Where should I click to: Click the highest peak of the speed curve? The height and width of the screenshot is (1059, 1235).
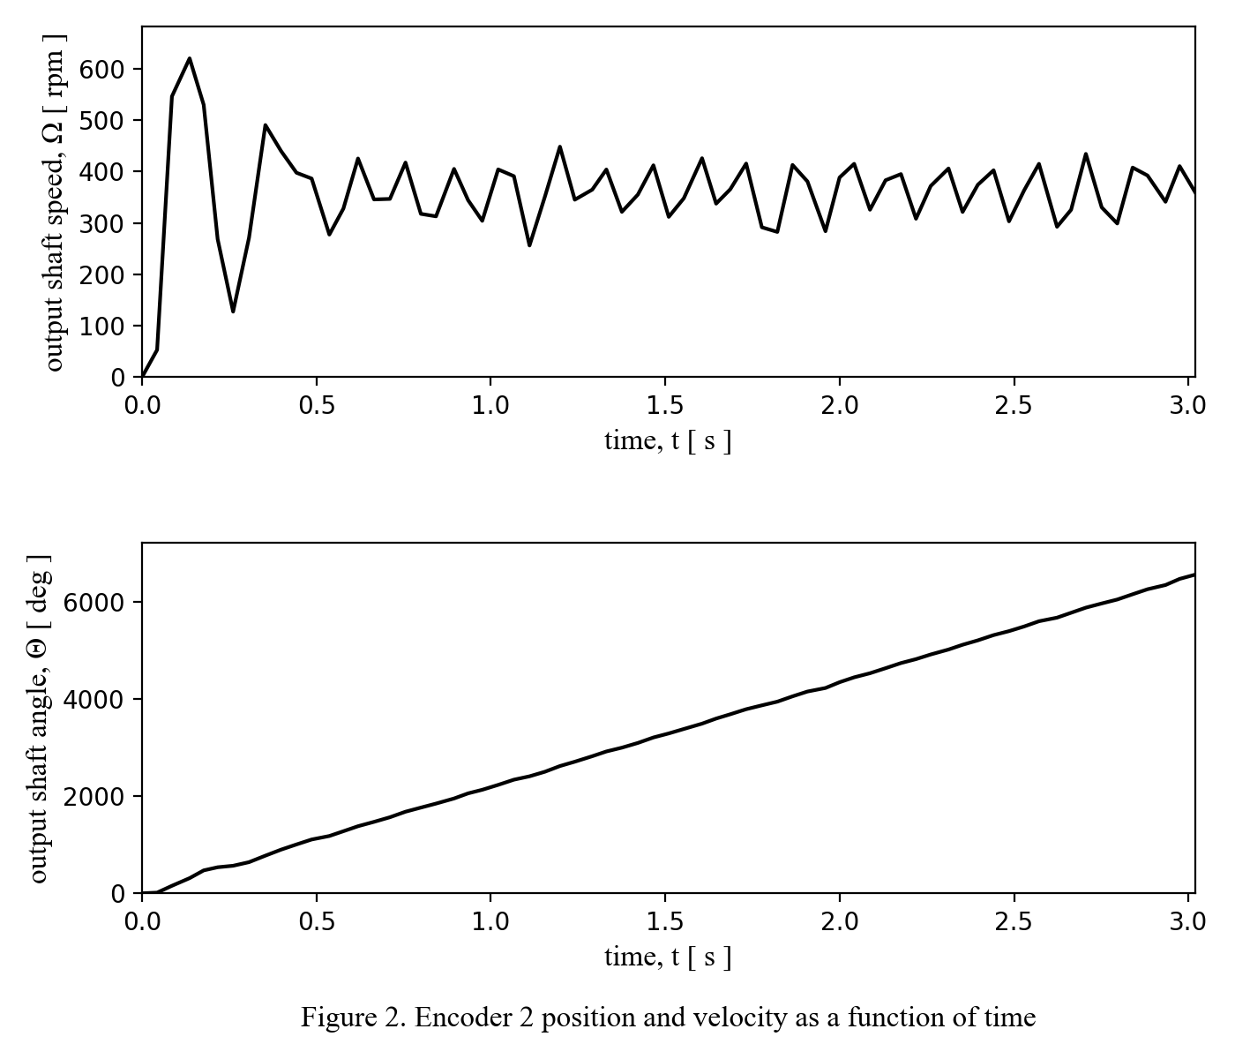(190, 58)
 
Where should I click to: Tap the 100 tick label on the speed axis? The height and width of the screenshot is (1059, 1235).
(102, 327)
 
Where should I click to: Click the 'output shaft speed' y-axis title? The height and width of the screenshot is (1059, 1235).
(55, 203)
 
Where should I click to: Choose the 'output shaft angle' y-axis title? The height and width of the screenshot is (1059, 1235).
(38, 718)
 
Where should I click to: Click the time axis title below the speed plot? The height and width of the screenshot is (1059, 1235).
(668, 440)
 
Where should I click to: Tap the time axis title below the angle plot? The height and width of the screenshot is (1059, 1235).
(668, 957)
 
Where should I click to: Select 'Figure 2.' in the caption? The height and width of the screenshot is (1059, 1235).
(352, 1018)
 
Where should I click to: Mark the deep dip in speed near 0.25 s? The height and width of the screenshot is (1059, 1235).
(233, 312)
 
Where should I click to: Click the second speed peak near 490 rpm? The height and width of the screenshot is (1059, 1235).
(265, 125)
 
